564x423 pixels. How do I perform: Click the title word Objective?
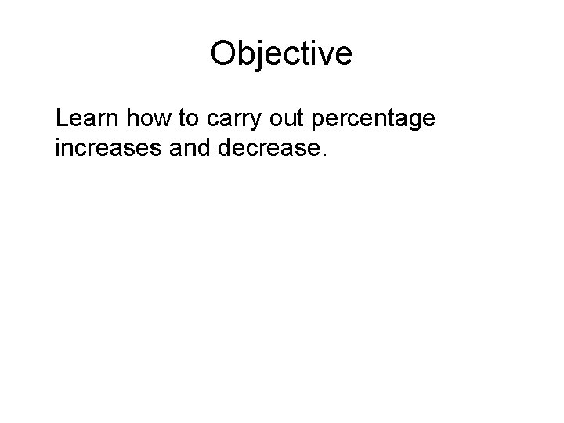tap(281, 54)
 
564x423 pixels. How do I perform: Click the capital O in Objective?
tap(223, 54)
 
